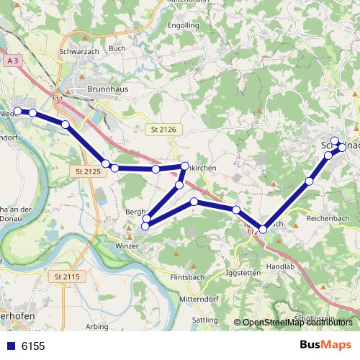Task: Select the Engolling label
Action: (x=183, y=25)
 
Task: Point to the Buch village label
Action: (x=117, y=48)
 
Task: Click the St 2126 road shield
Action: (x=163, y=129)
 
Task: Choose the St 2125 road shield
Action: (x=88, y=171)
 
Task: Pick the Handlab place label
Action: (x=280, y=266)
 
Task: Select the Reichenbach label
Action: (x=328, y=217)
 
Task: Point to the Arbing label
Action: (x=97, y=326)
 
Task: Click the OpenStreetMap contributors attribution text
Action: (x=297, y=323)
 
